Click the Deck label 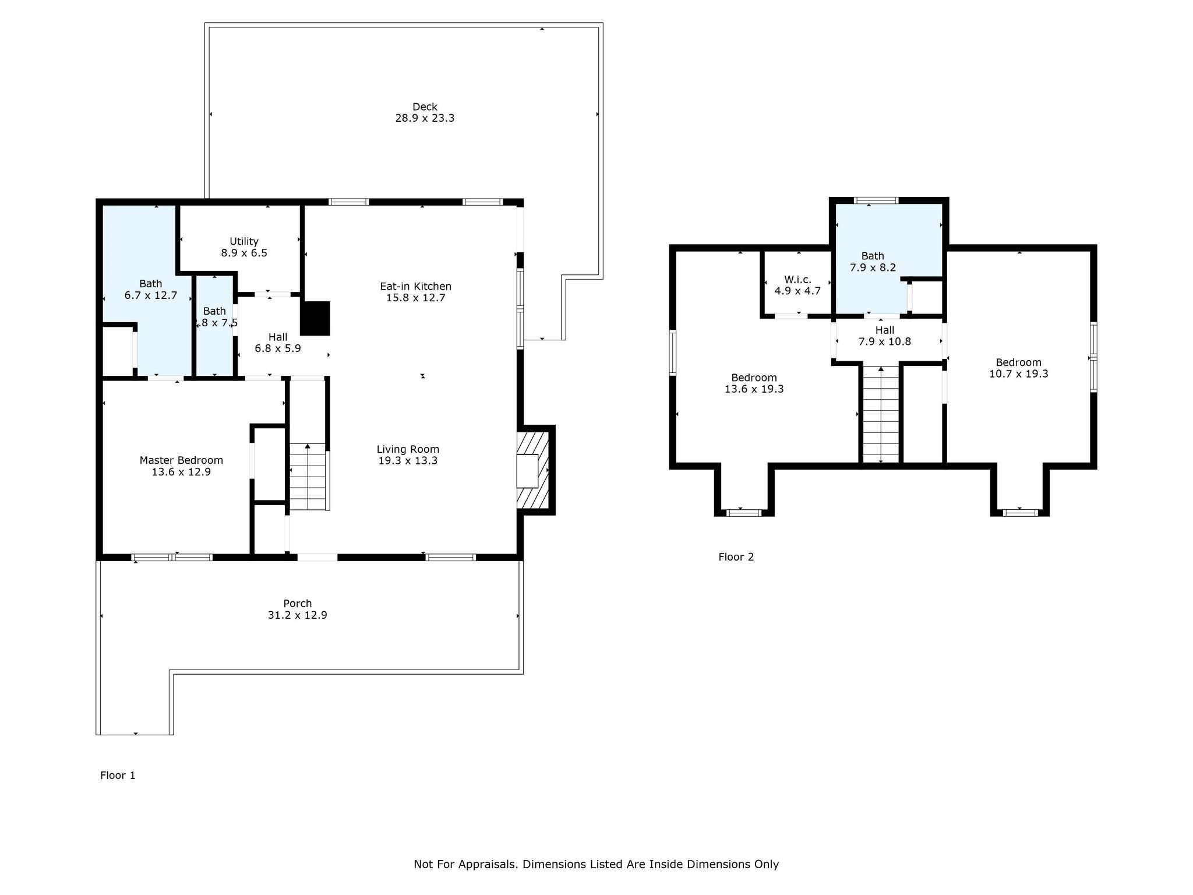coord(425,107)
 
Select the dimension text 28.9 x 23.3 coord(425,118)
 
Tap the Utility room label coord(244,241)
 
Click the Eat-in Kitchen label coord(415,286)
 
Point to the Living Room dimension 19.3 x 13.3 coord(408,461)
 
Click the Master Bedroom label coord(181,460)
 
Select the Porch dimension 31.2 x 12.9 coord(297,615)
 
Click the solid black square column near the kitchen coord(315,318)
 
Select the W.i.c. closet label coord(797,280)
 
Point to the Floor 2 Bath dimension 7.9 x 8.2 coord(873,267)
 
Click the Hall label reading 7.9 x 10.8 coord(884,330)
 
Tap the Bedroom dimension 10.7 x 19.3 coord(1018,374)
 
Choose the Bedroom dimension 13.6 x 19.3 coord(754,389)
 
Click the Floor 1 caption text coord(118,776)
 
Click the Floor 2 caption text coord(736,557)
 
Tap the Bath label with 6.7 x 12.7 coord(150,284)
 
